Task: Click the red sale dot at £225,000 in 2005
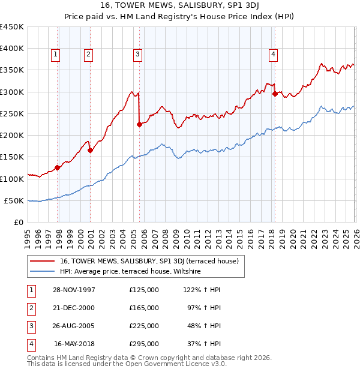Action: [x=139, y=125]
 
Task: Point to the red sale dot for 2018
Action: [x=274, y=94]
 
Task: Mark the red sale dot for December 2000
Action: [x=90, y=151]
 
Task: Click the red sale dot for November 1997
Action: [x=58, y=168]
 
